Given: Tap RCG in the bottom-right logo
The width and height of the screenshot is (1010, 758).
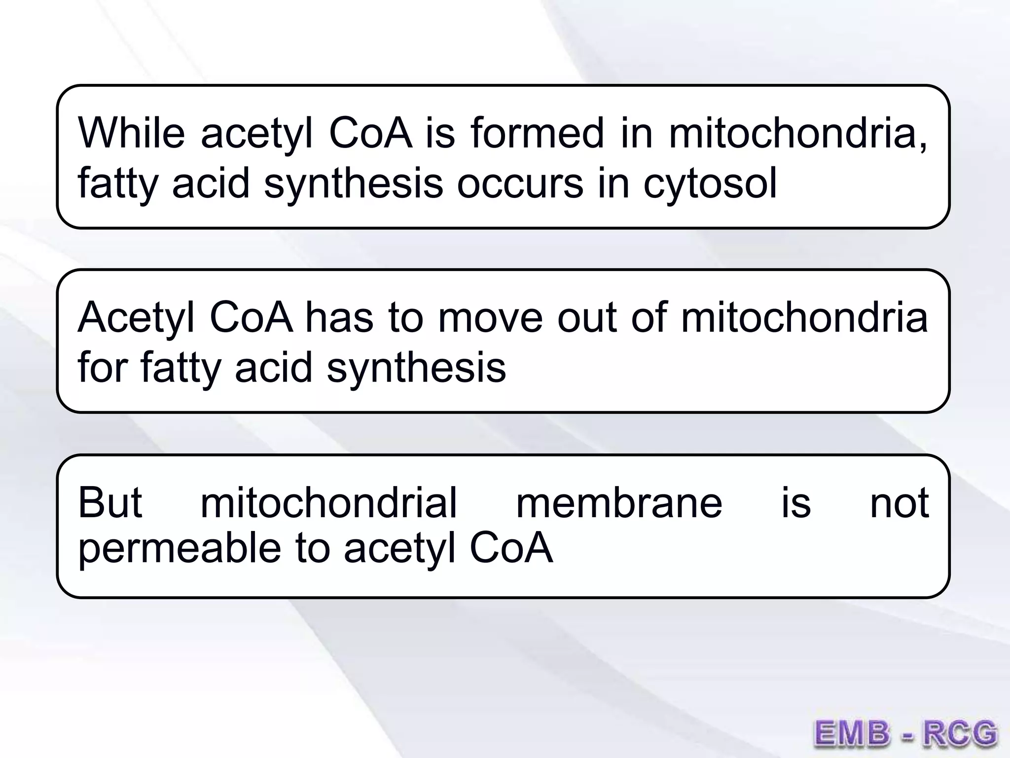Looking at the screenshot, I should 960,733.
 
